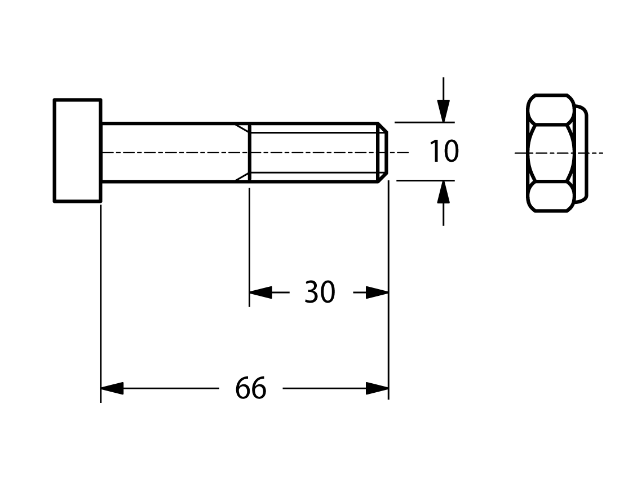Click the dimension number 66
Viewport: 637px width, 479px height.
(251, 388)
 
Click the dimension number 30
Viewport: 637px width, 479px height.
(320, 292)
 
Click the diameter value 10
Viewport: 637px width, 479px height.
(444, 151)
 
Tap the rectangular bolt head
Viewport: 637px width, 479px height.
(78, 150)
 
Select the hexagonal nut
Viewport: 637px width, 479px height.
(551, 153)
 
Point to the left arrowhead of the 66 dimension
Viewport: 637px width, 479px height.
(112, 388)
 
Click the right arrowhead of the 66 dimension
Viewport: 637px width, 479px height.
(377, 388)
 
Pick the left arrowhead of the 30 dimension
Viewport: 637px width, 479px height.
(260, 292)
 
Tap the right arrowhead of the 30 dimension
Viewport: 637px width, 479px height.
(377, 292)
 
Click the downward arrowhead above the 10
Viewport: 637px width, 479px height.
(444, 111)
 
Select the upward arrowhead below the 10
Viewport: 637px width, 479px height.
(443, 192)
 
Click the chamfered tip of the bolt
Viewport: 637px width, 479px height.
(383, 152)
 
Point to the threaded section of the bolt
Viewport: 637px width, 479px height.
(313, 152)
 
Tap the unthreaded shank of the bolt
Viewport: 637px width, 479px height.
(175, 152)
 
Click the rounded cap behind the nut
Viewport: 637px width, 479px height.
(582, 153)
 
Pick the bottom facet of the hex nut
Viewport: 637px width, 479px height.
(551, 197)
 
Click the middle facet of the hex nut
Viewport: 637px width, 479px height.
(551, 153)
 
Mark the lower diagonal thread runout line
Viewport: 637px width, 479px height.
(242, 177)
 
